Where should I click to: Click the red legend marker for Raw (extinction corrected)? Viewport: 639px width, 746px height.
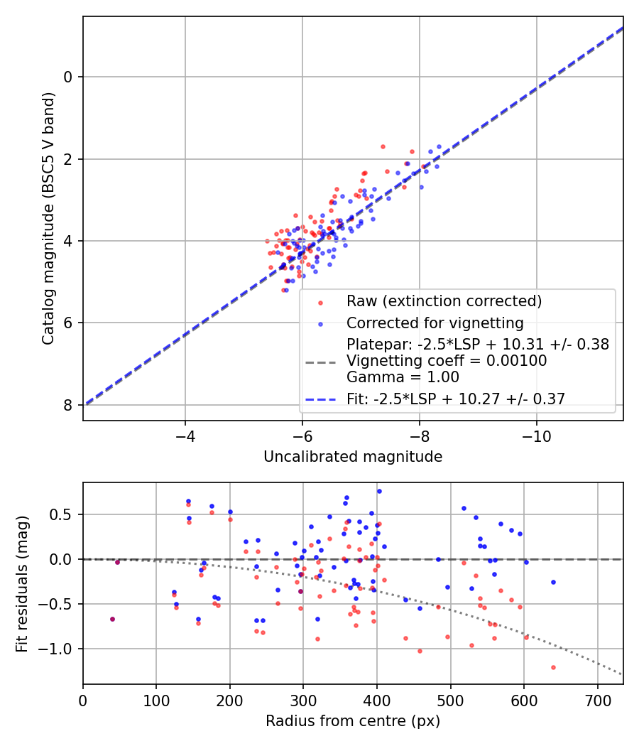pos(320,302)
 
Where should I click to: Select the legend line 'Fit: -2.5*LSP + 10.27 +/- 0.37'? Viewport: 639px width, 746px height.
pos(320,399)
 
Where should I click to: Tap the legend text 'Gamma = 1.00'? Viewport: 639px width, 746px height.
pos(403,377)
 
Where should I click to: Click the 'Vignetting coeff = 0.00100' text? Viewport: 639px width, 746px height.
pos(447,361)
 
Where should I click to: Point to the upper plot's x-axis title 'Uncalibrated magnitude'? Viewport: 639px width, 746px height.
pos(353,457)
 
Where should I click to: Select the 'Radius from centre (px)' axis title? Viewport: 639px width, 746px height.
pos(353,721)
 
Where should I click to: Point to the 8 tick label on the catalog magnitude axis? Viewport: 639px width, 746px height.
pos(69,405)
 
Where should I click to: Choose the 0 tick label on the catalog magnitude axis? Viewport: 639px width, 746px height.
pos(69,77)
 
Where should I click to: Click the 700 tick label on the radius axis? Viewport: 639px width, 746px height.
pos(597,699)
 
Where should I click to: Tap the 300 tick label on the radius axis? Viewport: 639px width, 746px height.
pos(303,699)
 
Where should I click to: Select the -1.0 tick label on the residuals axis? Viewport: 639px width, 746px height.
pos(60,649)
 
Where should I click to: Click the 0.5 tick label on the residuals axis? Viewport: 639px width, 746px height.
pos(65,514)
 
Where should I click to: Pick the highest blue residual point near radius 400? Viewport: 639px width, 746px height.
pos(379,491)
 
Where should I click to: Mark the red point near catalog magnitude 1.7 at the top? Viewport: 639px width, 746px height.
pos(383,146)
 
